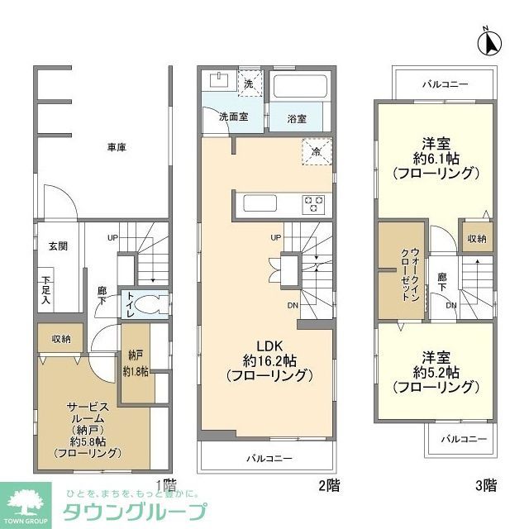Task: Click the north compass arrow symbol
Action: tap(487, 42)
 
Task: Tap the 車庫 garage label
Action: tap(117, 147)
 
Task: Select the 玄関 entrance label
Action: tap(57, 246)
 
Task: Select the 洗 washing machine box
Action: tap(249, 84)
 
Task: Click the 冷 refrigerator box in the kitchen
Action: tap(317, 152)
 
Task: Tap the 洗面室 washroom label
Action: tap(233, 117)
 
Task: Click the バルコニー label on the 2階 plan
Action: tap(269, 457)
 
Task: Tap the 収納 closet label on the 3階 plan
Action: tap(476, 238)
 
